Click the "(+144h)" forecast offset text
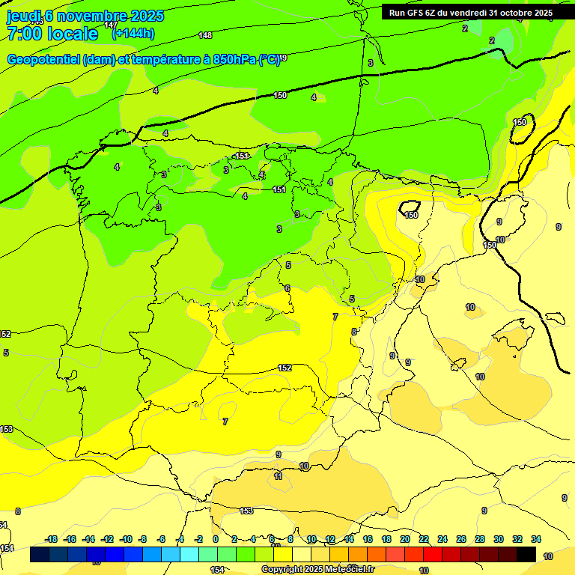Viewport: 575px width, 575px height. pos(133,34)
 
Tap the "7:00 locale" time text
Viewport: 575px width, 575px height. pos(52,34)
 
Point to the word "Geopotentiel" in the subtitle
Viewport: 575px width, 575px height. pos(44,59)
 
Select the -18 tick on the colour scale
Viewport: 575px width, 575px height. pos(51,539)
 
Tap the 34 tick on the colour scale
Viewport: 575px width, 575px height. pos(536,539)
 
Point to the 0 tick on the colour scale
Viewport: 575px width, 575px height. pos(216,539)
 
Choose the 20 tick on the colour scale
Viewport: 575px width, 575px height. pos(405,539)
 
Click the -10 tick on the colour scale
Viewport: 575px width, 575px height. pos(126,539)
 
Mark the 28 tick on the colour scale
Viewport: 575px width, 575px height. pos(480,539)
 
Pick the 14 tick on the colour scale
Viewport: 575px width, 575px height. pos(349,539)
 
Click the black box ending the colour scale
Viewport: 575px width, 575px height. pos(526,554)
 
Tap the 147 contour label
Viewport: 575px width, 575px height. pos(111,25)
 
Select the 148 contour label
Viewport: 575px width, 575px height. pos(205,35)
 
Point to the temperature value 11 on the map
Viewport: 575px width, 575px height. pos(278,476)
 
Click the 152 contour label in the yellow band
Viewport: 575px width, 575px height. pos(285,368)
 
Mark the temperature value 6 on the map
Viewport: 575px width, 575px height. pos(287,289)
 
